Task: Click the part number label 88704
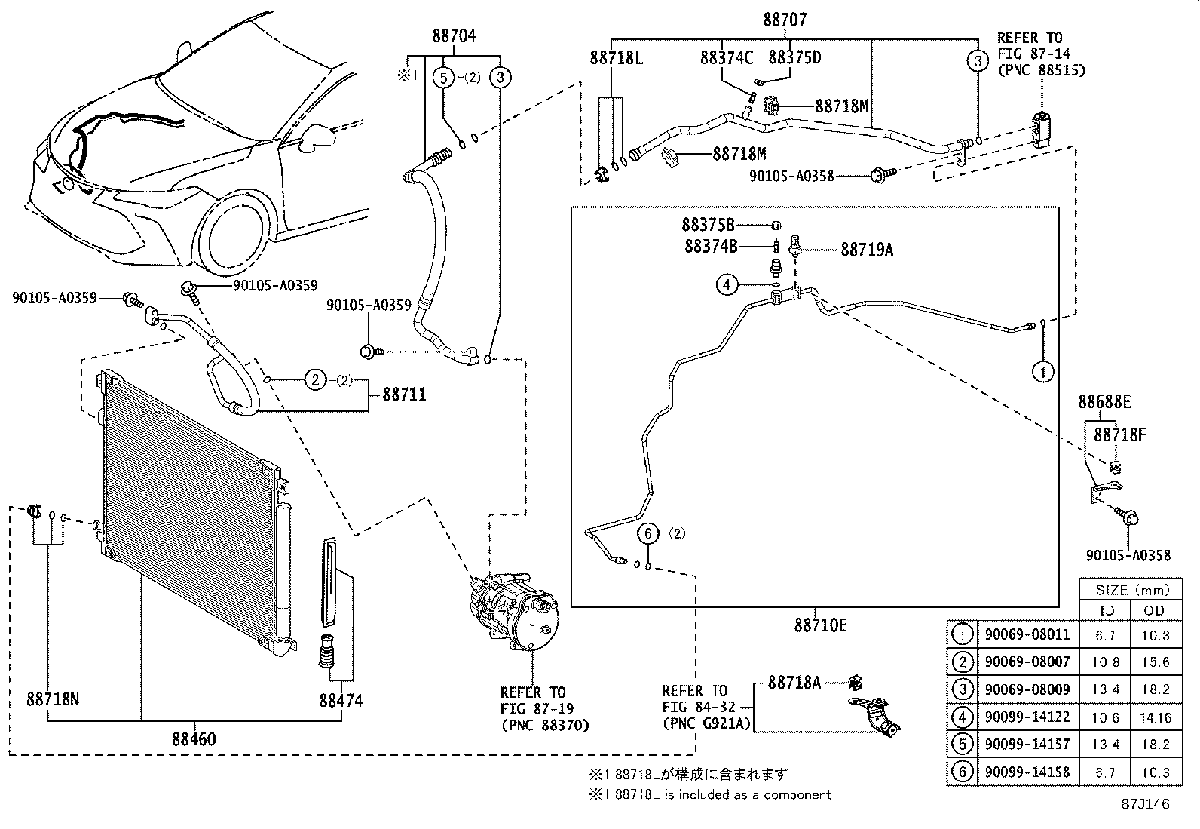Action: pyautogui.click(x=454, y=35)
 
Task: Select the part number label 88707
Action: pyautogui.click(x=784, y=20)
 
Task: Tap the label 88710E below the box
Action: pyautogui.click(x=820, y=625)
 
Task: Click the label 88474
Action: pyautogui.click(x=340, y=701)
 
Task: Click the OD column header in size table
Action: pyautogui.click(x=1154, y=610)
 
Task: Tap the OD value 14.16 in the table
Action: pyautogui.click(x=1154, y=717)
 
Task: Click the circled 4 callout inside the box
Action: pyautogui.click(x=727, y=284)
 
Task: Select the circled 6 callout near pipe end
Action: pyautogui.click(x=647, y=533)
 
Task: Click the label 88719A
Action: pyautogui.click(x=866, y=250)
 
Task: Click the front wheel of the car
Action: pyautogui.click(x=234, y=233)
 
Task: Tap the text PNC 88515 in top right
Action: pyautogui.click(x=1040, y=70)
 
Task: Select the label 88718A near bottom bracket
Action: pyautogui.click(x=794, y=683)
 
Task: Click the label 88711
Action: pyautogui.click(x=404, y=394)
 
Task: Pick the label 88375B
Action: pyautogui.click(x=708, y=225)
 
